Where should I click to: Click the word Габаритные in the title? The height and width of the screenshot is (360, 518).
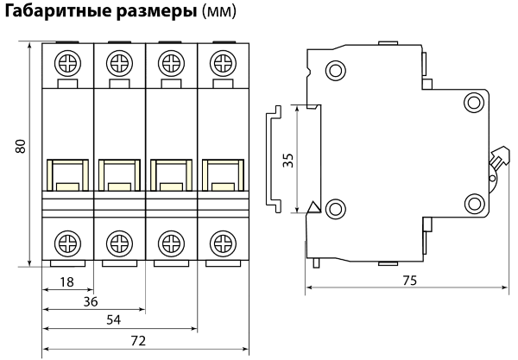pos(54,15)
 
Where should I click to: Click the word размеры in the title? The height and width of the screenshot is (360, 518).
pos(151,15)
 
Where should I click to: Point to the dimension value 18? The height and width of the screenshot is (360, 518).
pos(66,281)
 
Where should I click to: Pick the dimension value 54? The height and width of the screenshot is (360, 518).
pos(112,320)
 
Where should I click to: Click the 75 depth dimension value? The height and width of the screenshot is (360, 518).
pos(408,280)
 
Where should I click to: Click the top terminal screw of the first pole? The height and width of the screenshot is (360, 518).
pos(66,63)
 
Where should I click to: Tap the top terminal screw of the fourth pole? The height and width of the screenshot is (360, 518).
pos(223,63)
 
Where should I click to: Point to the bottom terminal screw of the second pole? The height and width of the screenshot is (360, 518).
pos(118,241)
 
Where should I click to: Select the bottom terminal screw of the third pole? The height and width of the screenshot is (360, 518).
pos(171,241)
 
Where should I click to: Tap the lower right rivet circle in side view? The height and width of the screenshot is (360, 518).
pos(472,204)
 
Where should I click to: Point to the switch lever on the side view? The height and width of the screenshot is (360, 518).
pos(497,160)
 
